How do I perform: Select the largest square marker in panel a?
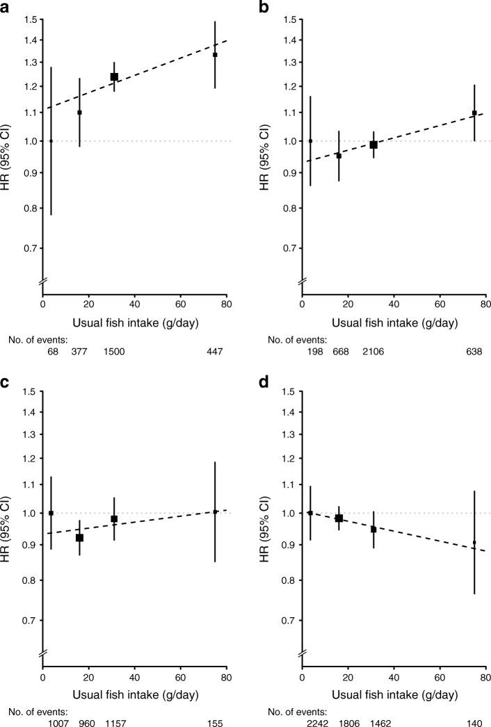(x=114, y=77)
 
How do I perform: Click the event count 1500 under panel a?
(x=114, y=352)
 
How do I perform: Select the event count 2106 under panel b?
(x=373, y=352)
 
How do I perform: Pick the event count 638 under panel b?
(x=474, y=352)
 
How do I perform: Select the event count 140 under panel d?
(x=474, y=724)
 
